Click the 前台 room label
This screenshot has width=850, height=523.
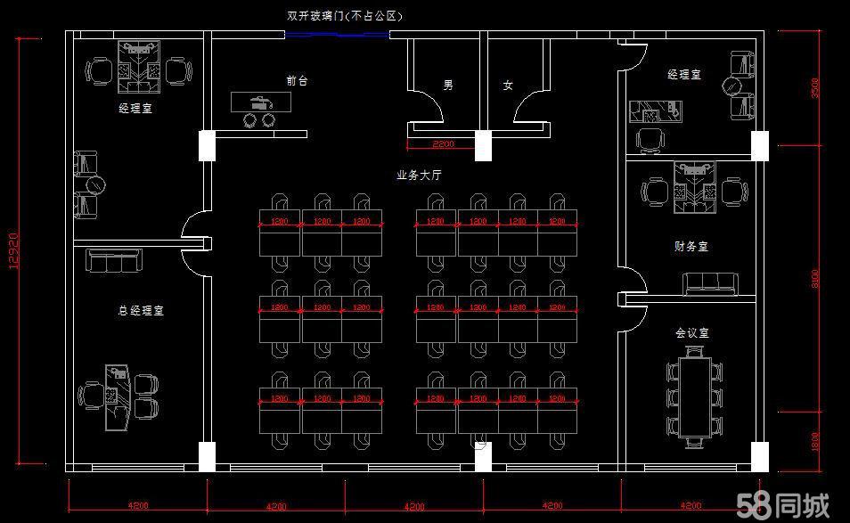coord(297,81)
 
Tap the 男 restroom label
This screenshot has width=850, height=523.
coord(448,86)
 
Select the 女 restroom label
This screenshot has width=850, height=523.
coord(508,86)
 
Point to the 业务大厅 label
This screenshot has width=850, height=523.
coord(419,176)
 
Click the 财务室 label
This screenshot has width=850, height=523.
coord(691,246)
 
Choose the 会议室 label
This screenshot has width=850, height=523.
coord(691,332)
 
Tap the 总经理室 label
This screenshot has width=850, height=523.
coord(141,311)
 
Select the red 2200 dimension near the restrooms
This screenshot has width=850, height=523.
coord(442,143)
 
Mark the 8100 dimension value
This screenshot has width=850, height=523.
coord(815,279)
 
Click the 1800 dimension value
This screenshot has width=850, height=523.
coord(815,440)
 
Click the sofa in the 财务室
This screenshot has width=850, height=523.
coord(710,283)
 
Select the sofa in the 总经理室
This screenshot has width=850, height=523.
coord(114,261)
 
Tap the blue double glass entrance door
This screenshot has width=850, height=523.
coord(337,35)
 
